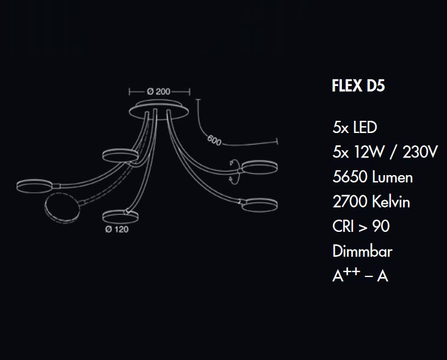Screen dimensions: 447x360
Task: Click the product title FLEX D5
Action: [358, 85]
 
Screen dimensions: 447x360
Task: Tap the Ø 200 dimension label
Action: [159, 92]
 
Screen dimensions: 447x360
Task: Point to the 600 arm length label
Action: [214, 140]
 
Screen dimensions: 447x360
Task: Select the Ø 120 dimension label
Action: [117, 229]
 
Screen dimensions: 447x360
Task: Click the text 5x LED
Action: [355, 128]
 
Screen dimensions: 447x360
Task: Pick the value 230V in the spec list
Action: [420, 152]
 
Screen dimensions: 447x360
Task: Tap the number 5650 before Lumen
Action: [350, 177]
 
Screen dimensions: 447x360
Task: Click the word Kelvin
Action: [391, 202]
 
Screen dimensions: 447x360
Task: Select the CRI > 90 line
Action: [361, 226]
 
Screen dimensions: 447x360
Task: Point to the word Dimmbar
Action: [362, 251]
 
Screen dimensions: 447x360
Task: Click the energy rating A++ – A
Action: [360, 275]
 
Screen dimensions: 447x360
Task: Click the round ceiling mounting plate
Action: [159, 110]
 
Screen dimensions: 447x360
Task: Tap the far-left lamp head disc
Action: [34, 186]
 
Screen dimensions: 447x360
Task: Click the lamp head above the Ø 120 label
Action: [120, 217]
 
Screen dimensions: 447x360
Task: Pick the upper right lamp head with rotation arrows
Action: [260, 167]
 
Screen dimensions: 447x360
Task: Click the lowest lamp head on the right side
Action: [260, 205]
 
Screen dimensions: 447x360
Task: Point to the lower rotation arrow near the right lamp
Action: [234, 179]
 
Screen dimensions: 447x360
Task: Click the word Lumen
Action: [393, 177]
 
